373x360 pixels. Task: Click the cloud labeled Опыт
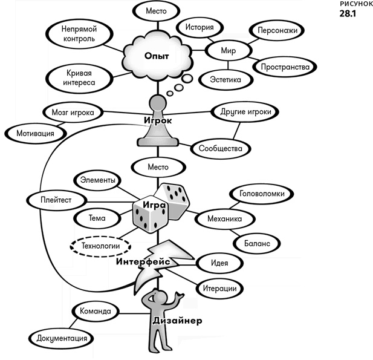pyautogui.click(x=157, y=55)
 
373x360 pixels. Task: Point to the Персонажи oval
pyautogui.click(x=276, y=30)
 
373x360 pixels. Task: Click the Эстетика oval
pyautogui.click(x=224, y=80)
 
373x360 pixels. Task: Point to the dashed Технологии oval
pyautogui.click(x=101, y=245)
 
